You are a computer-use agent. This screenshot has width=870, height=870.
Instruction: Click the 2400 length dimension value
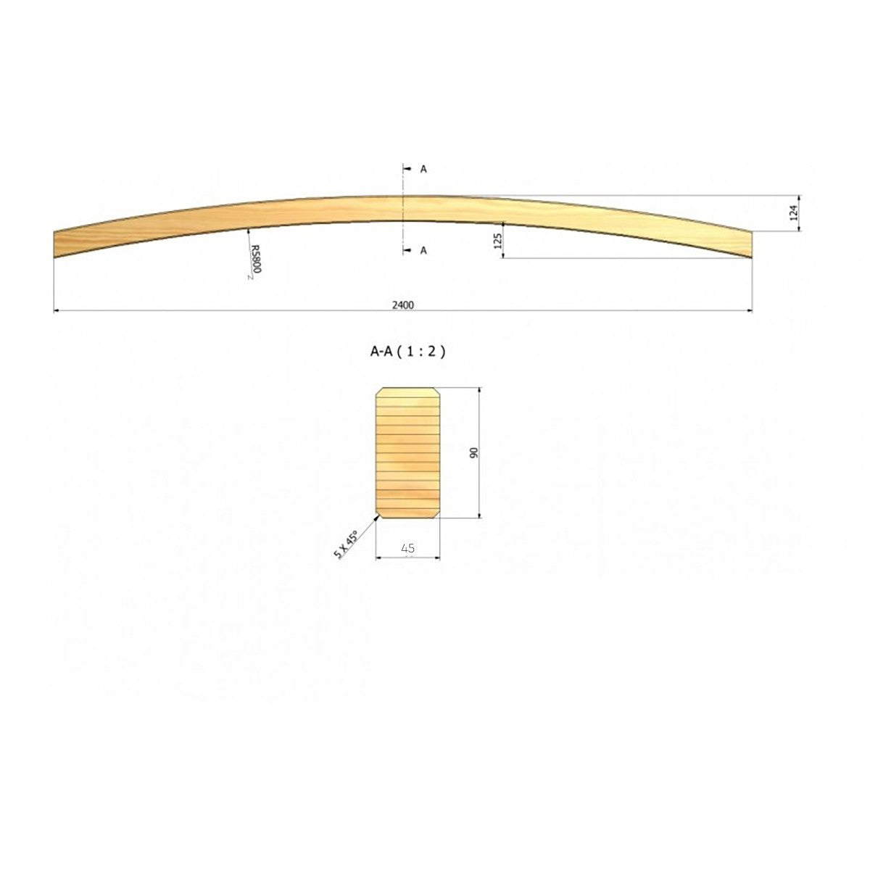402,304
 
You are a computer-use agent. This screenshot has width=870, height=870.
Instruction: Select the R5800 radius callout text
255,259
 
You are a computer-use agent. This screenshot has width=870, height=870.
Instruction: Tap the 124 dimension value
793,212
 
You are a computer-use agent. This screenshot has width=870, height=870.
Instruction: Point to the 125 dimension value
498,241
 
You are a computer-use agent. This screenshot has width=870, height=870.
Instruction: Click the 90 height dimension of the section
473,453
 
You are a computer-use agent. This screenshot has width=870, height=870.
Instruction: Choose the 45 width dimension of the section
407,548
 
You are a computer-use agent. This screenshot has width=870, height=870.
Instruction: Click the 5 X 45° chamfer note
347,544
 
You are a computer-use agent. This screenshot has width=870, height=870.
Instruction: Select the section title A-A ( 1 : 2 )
407,352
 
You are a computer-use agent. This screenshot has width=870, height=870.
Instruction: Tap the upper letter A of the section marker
423,169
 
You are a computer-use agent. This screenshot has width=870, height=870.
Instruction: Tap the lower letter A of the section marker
423,250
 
